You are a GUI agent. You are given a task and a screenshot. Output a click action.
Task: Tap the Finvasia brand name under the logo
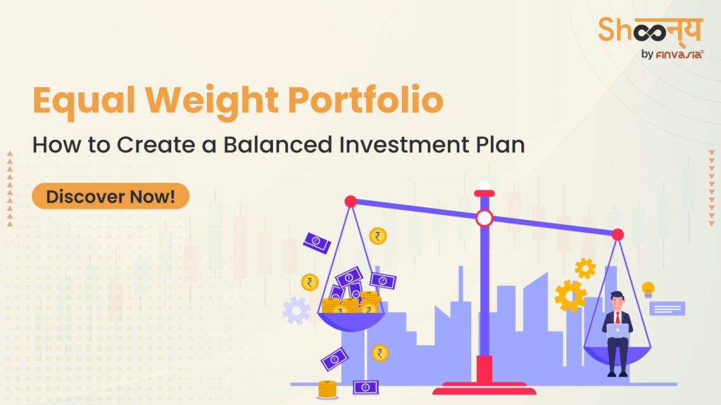tap(671, 54)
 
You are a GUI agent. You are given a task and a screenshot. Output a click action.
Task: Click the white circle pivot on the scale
tap(484, 218)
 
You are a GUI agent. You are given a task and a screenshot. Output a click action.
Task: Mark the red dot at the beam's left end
tap(351, 202)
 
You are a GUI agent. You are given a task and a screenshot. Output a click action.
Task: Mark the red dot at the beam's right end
tap(617, 234)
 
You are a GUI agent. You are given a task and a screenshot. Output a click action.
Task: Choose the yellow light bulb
tap(648, 288)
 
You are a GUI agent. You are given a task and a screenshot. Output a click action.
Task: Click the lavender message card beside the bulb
tap(666, 308)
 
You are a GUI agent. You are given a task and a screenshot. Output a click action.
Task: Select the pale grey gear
tap(296, 310)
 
